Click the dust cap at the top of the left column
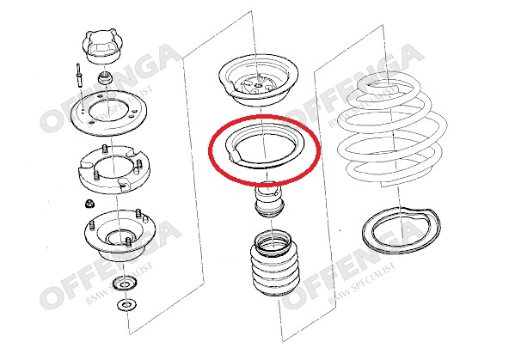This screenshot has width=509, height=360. pyautogui.click(x=102, y=46)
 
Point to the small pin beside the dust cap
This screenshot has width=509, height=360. pyautogui.click(x=78, y=76)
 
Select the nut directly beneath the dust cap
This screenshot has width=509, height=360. pyautogui.click(x=106, y=78)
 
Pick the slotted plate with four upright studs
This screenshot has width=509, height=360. pyautogui.click(x=114, y=168)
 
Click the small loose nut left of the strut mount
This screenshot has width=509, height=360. pyautogui.click(x=89, y=204)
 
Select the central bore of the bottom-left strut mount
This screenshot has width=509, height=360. pyautogui.click(x=120, y=239)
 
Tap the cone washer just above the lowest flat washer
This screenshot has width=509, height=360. pyautogui.click(x=125, y=284)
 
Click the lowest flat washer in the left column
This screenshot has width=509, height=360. pyautogui.click(x=126, y=305)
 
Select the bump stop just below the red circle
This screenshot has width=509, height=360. pyautogui.click(x=270, y=201)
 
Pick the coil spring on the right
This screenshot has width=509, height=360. pyautogui.click(x=391, y=130)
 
